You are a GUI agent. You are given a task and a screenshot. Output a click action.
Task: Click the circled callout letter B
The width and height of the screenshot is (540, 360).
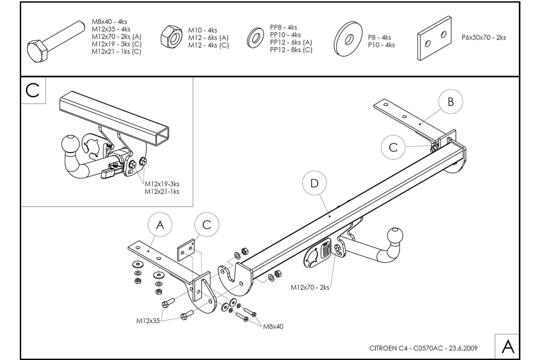(450, 102)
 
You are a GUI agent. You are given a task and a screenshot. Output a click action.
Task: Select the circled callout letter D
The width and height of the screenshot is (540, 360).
(314, 183)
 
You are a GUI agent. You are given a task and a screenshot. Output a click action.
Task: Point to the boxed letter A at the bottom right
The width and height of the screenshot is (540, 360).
(508, 346)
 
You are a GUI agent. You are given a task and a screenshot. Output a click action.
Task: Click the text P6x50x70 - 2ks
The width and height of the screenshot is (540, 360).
(483, 38)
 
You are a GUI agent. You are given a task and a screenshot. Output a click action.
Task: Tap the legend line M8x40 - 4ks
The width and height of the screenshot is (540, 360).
(109, 22)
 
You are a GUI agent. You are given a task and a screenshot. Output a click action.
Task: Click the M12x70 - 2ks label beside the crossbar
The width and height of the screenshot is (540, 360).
(310, 287)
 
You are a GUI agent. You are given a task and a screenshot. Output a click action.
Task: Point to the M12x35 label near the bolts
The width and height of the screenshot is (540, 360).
(148, 321)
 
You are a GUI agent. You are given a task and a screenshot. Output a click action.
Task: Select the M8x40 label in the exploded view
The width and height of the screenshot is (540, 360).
(273, 327)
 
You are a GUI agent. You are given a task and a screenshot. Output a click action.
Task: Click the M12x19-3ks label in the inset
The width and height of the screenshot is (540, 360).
(162, 184)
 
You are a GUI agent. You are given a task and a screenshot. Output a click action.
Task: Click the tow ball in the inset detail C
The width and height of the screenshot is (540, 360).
(70, 144)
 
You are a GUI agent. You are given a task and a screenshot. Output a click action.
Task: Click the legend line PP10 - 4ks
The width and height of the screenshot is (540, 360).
(285, 35)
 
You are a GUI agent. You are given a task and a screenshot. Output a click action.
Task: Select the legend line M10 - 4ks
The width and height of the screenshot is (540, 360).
(202, 31)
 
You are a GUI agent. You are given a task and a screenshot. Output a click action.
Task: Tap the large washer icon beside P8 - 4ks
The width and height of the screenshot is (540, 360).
(348, 39)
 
